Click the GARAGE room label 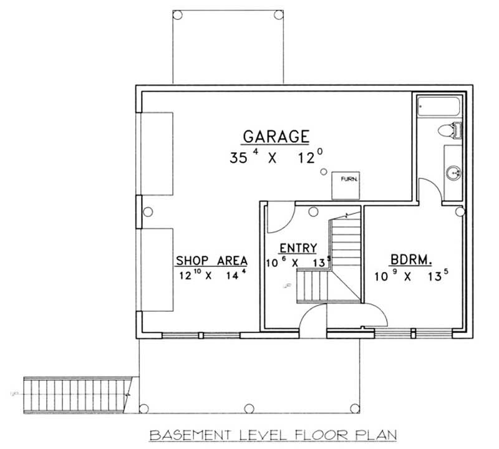pyautogui.click(x=276, y=135)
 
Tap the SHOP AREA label pyautogui.click(x=211, y=260)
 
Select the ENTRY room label pyautogui.click(x=298, y=248)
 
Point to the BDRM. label pyautogui.click(x=409, y=260)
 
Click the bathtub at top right pyautogui.click(x=438, y=107)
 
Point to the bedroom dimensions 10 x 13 pyautogui.click(x=409, y=275)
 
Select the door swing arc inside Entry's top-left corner pyautogui.click(x=279, y=216)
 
